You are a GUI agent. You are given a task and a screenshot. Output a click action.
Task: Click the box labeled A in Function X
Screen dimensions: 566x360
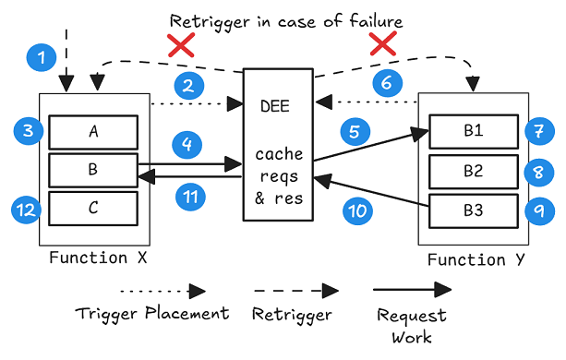click(x=93, y=132)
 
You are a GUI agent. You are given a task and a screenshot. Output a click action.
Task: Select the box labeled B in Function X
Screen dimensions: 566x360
click(x=93, y=170)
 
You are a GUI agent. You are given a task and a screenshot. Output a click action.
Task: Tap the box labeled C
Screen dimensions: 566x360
click(x=93, y=209)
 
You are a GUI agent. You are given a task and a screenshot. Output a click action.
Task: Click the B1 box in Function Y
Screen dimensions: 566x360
click(x=474, y=131)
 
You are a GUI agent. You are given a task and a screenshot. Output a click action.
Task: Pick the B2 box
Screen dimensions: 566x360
click(x=474, y=172)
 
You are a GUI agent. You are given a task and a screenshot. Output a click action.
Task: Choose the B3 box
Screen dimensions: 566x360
click(x=474, y=211)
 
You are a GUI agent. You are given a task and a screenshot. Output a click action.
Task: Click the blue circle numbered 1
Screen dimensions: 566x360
click(x=42, y=57)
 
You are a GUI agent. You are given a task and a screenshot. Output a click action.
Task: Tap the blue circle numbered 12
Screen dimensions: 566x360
click(x=26, y=210)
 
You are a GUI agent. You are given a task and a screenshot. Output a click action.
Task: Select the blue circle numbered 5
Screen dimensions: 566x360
click(x=355, y=131)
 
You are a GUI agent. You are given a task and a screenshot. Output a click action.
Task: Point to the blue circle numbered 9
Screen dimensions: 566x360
click(x=539, y=210)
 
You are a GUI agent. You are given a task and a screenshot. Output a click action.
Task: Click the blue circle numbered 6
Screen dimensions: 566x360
click(x=387, y=83)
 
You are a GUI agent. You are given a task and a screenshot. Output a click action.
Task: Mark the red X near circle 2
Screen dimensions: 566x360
click(x=181, y=45)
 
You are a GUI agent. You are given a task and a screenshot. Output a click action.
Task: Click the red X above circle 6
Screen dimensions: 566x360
click(x=383, y=43)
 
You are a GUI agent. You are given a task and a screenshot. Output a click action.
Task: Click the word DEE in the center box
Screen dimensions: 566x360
click(x=275, y=106)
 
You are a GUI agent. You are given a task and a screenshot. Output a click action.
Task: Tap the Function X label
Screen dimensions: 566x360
click(x=98, y=258)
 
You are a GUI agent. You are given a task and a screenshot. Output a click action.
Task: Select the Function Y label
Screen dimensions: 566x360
click(x=476, y=259)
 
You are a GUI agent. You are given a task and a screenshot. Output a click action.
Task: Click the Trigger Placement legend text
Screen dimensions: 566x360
click(x=152, y=313)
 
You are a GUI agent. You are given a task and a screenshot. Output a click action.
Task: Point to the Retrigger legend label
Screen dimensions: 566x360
click(x=292, y=315)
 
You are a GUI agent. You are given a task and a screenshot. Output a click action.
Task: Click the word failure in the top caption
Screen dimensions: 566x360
click(x=376, y=21)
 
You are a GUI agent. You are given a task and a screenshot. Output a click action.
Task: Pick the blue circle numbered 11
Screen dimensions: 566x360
click(x=190, y=197)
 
